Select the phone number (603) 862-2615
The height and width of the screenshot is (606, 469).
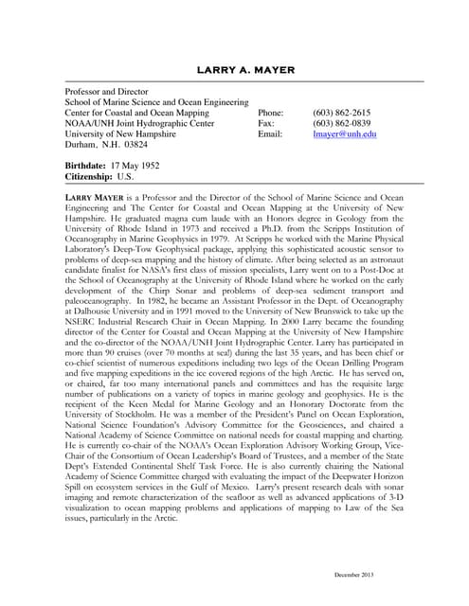pos(341,112)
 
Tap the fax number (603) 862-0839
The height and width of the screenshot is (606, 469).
pos(341,123)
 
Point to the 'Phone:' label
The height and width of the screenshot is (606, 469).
pos(271,112)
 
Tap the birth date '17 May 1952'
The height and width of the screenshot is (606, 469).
pos(141,165)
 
